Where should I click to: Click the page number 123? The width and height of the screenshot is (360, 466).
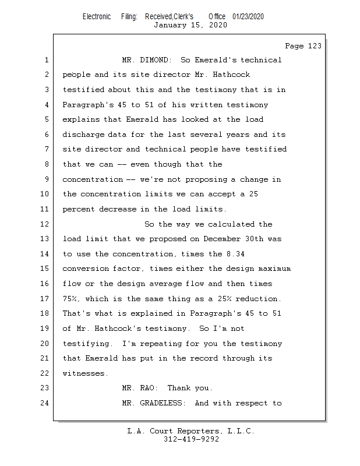coord(303,46)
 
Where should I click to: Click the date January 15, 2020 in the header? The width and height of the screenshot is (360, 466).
coord(190,25)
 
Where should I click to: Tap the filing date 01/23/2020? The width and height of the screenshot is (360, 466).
coord(248,16)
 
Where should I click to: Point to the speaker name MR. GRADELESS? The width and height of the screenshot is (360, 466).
coord(156,403)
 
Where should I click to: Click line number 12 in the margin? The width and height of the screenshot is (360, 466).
coord(46,224)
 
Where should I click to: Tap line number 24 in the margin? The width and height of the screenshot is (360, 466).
coord(46,403)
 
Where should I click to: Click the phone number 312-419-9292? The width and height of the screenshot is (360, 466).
coord(191,439)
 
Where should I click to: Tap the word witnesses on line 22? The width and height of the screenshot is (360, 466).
coord(85,373)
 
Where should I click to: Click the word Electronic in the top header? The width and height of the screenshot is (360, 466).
coord(97,16)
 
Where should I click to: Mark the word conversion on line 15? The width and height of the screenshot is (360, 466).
coord(85,269)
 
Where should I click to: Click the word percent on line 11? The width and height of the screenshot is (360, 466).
coord(78,209)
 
